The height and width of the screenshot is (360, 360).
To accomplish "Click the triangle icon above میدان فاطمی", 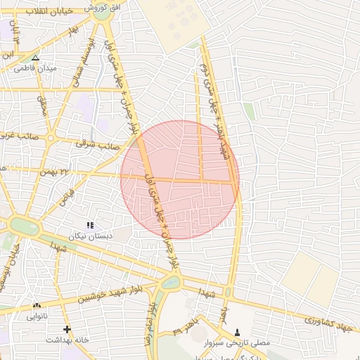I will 36,58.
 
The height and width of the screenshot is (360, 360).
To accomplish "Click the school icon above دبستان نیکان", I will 89,225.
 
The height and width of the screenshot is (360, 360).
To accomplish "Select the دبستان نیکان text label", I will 90,236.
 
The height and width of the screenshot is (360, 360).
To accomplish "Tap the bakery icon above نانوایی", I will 37,306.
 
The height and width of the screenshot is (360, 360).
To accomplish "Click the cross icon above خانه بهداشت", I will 67,329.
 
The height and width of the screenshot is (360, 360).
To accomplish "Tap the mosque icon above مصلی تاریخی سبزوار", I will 237,332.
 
